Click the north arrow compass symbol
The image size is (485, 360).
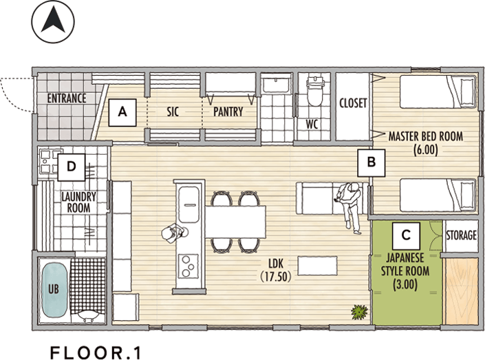coord(53,21)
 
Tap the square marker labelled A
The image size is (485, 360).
coord(122,112)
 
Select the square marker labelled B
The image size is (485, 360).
coord(371,163)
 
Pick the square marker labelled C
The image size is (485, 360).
coord(406,235)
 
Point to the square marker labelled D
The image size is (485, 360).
coord(71,167)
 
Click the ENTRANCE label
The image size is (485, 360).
coord(67,98)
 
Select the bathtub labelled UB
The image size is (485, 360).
coord(54,289)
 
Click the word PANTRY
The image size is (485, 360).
coord(228,112)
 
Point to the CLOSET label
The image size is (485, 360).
coord(353,103)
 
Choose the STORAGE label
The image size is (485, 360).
coord(461,235)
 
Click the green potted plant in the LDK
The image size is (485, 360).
coord(359,312)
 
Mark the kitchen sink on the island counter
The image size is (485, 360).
coord(188,204)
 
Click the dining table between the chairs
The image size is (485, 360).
coord(236,222)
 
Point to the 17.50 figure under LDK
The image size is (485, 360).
coord(276,277)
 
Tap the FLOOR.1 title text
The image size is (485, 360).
coord(96,353)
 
